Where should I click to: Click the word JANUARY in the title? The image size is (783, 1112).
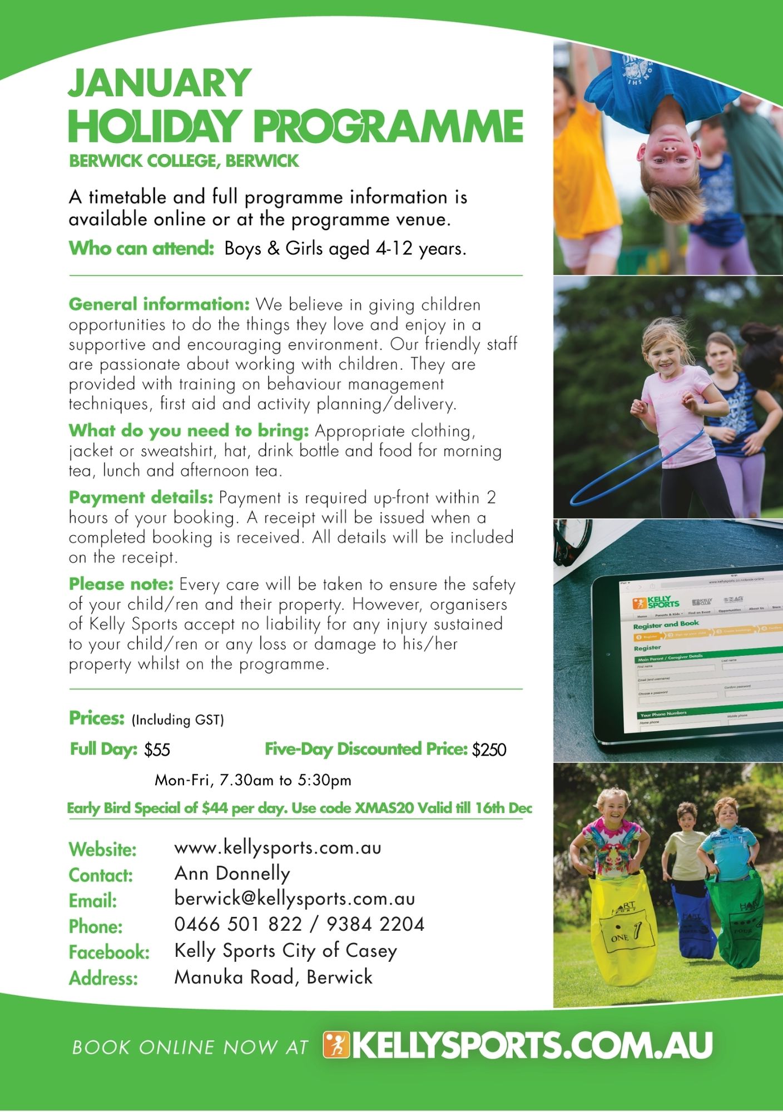(x=160, y=83)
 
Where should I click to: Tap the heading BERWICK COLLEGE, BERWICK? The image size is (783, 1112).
(x=184, y=161)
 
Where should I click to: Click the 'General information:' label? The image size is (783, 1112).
(x=159, y=304)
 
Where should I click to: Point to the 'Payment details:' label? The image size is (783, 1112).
(x=141, y=497)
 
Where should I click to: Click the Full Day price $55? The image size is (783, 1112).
(x=157, y=750)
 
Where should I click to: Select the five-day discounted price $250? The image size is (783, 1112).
(x=489, y=750)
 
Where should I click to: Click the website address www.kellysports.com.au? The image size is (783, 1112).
(x=277, y=848)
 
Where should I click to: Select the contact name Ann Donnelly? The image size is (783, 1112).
(x=232, y=873)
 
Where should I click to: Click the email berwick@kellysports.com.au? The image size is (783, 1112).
(x=294, y=899)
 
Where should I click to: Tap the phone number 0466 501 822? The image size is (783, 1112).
(x=238, y=925)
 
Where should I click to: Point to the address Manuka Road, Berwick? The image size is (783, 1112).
(x=273, y=977)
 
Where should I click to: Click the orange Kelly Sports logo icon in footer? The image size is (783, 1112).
(x=336, y=1046)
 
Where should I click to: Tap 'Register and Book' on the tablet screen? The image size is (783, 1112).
(x=666, y=624)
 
